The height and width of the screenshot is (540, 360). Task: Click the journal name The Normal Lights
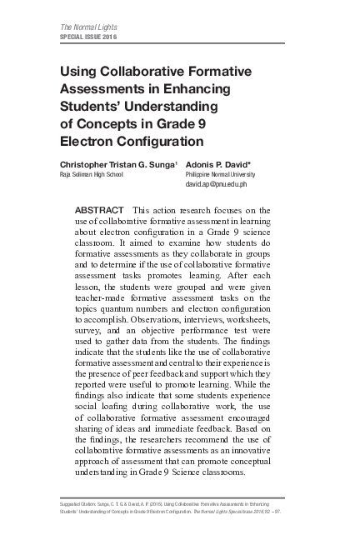click(x=86, y=29)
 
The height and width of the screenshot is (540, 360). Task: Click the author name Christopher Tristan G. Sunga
click(x=115, y=165)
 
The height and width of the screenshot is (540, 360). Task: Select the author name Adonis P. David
click(x=227, y=165)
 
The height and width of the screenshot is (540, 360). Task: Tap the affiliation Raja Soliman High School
click(x=91, y=176)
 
